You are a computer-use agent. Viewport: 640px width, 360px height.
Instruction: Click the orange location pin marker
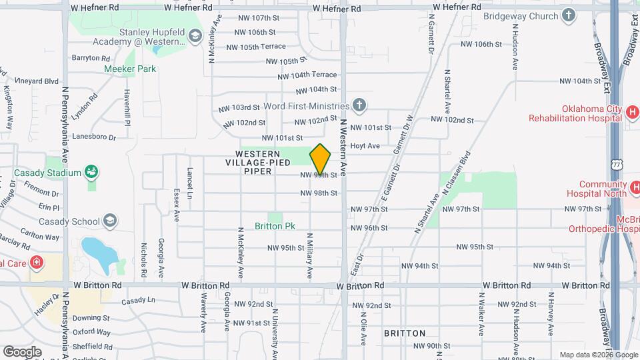click(x=321, y=159)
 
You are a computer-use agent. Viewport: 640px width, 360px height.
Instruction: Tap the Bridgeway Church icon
click(x=569, y=14)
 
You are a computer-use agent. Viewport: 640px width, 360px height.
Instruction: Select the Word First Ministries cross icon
click(x=359, y=105)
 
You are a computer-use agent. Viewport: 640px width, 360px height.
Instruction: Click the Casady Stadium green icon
click(x=92, y=173)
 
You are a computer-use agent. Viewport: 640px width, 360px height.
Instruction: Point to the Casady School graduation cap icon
click(x=110, y=221)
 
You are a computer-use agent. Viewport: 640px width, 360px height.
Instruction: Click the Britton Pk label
click(x=275, y=226)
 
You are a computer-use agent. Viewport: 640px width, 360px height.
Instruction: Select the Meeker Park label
click(x=129, y=69)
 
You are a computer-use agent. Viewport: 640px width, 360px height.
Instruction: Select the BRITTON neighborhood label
click(x=405, y=333)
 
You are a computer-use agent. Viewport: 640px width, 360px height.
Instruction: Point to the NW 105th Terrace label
click(x=256, y=47)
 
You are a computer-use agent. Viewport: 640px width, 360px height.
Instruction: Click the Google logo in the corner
click(x=22, y=351)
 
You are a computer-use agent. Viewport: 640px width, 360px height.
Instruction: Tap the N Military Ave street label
click(x=309, y=256)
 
